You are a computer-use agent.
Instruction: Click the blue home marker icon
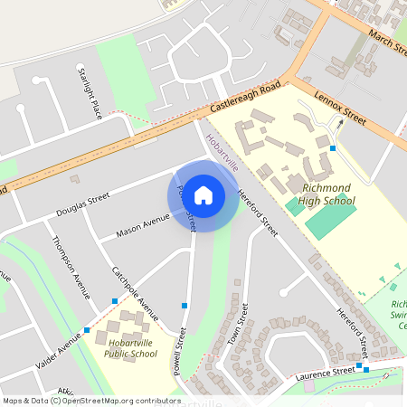point(203,194)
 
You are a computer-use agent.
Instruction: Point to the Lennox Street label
point(339,108)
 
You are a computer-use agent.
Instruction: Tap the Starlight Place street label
point(89,94)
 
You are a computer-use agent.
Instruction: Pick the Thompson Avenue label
point(71,268)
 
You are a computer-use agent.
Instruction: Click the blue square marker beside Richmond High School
point(333,147)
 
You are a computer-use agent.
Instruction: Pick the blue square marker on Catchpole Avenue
point(115,300)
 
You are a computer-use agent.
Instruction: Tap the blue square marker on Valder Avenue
point(87,329)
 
